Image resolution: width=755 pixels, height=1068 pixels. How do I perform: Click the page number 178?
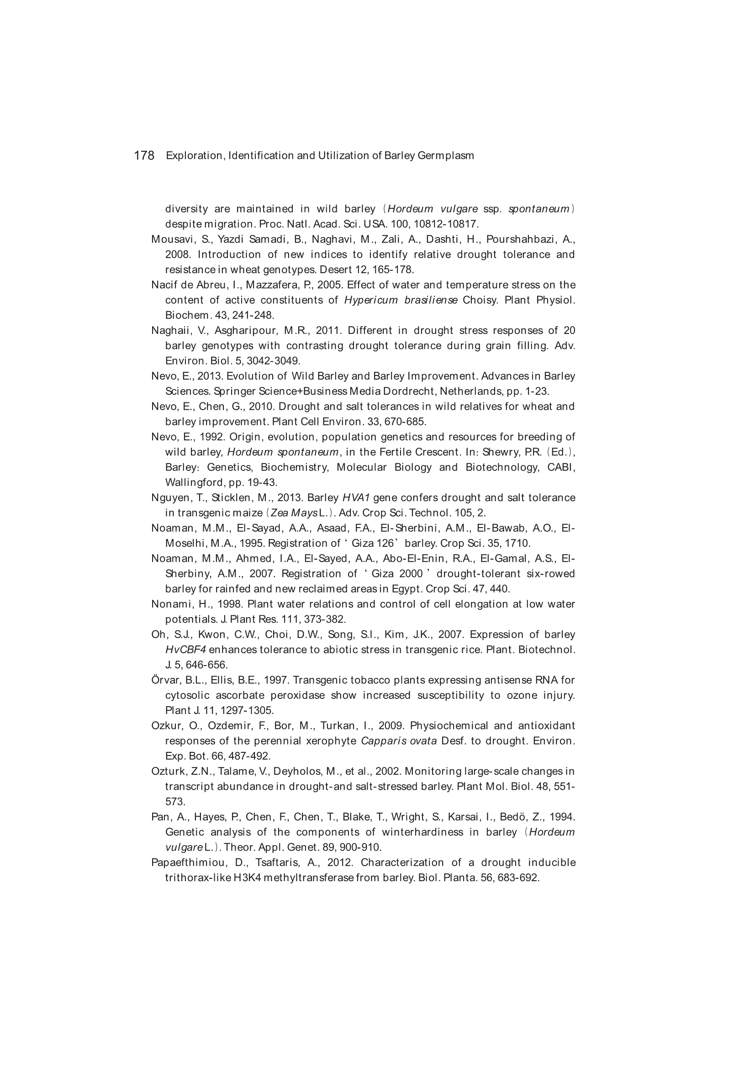click(144, 155)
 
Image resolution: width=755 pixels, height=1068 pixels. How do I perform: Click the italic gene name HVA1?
click(355, 498)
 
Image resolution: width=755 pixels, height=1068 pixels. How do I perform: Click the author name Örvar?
click(166, 681)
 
